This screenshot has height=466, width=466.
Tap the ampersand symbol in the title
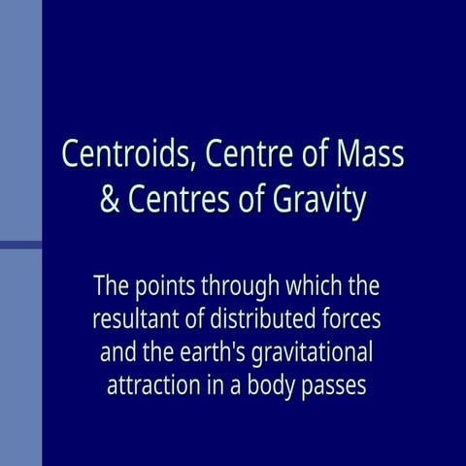pyautogui.click(x=111, y=202)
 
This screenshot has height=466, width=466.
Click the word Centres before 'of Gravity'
pyautogui.click(x=182, y=202)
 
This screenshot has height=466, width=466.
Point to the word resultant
pyautogui.click(x=138, y=318)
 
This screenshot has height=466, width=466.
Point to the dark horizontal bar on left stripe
pyautogui.click(x=20, y=245)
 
